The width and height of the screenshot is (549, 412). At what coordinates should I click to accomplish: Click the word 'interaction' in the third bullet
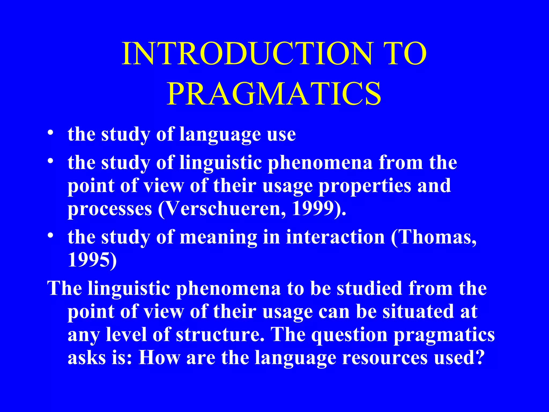click(x=335, y=237)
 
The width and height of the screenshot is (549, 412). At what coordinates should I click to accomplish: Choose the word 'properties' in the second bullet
click(x=365, y=186)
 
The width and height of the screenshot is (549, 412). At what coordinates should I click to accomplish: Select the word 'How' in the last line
click(x=159, y=358)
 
